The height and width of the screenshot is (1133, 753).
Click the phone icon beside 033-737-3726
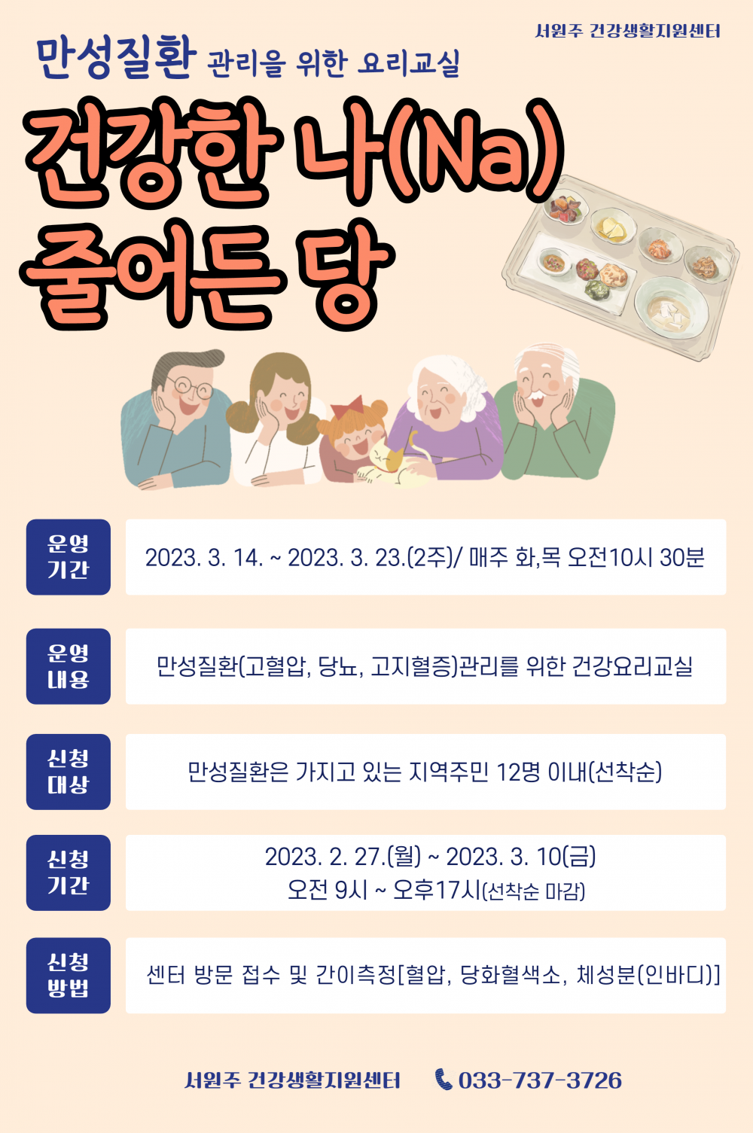(x=444, y=1080)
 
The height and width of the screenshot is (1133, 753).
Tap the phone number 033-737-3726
(x=540, y=1080)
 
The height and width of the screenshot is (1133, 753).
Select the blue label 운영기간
(x=69, y=557)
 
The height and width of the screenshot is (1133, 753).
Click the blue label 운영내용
(x=69, y=666)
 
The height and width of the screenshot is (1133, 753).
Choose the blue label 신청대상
(x=69, y=772)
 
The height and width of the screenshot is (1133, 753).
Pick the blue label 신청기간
(x=69, y=873)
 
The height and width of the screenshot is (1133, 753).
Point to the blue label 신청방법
(x=69, y=975)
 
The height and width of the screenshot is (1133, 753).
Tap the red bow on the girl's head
(x=347, y=407)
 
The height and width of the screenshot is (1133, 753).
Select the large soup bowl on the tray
(x=670, y=307)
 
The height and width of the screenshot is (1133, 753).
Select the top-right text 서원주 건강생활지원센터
(x=627, y=32)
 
